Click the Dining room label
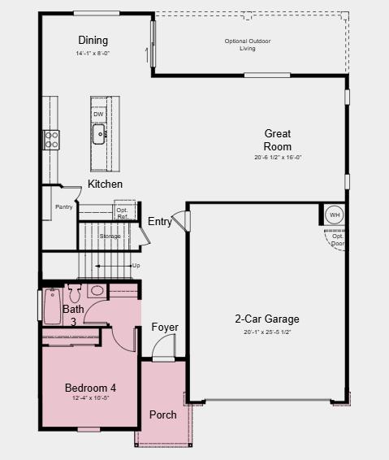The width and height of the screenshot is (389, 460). [93, 41]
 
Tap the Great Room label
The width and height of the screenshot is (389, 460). [278, 140]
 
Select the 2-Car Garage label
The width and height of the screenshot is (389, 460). [267, 319]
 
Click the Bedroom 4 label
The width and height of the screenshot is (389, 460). [90, 388]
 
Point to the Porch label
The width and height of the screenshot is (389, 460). [163, 414]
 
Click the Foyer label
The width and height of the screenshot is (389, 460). [165, 328]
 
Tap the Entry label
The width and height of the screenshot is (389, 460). [159, 222]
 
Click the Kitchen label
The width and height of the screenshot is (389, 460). [106, 184]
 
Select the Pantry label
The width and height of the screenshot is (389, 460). [64, 207]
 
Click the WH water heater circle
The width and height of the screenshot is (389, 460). [334, 215]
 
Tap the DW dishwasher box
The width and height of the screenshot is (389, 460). [98, 115]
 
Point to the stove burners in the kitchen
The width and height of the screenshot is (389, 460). [51, 139]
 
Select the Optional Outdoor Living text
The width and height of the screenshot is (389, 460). [248, 45]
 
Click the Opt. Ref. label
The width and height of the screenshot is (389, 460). [123, 214]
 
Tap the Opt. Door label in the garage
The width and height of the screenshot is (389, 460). [338, 240]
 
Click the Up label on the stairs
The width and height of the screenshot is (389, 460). [136, 266]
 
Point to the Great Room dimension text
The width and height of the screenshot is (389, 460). [278, 158]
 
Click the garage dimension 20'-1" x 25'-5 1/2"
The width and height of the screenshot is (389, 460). [267, 332]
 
